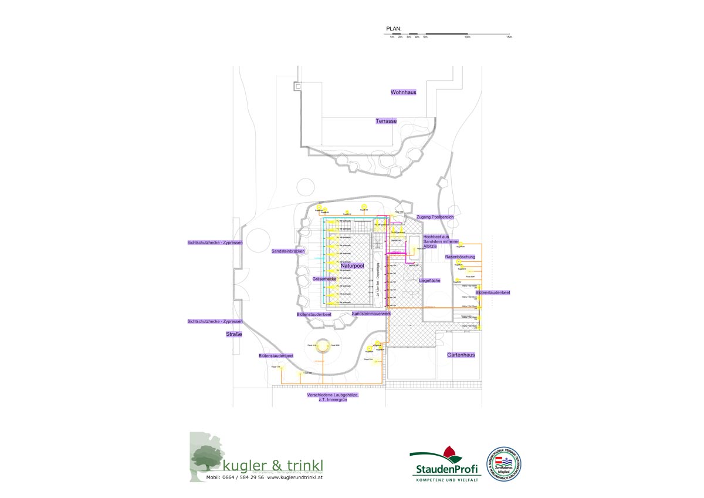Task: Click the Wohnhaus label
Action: click(403, 92)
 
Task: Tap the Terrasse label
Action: click(386, 121)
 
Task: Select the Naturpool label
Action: click(352, 266)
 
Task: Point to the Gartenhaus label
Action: click(461, 355)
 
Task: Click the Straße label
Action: click(234, 334)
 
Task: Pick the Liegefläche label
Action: click(429, 281)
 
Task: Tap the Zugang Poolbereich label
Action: click(435, 217)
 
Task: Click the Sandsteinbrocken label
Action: click(288, 251)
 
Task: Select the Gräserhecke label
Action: click(324, 278)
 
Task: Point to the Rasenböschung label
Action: click(460, 257)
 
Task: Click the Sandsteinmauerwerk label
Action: click(371, 314)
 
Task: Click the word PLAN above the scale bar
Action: click(393, 28)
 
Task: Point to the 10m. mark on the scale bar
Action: click(468, 37)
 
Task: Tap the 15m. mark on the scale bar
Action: click(509, 37)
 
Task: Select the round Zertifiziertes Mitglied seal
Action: click(503, 463)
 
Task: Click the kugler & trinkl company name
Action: click(273, 466)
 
